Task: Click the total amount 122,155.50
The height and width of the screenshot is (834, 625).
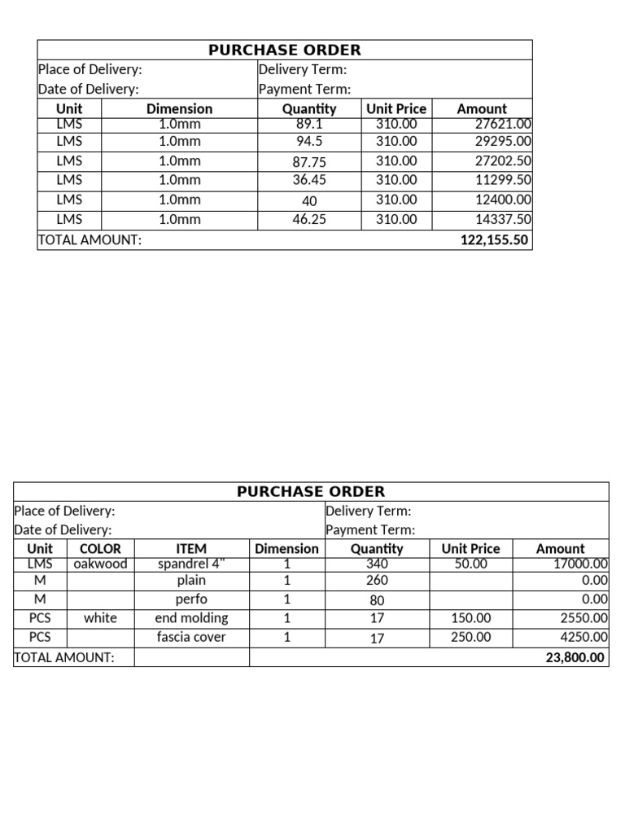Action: (x=495, y=240)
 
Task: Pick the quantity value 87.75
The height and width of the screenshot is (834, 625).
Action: (x=309, y=161)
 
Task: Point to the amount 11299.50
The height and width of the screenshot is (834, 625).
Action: (x=503, y=180)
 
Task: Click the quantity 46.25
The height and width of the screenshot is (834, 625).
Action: (x=309, y=219)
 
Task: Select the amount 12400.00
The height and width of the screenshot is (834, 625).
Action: (x=503, y=200)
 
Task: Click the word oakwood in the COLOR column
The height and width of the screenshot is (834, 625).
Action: (x=100, y=564)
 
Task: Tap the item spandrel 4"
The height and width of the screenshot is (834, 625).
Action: (x=191, y=564)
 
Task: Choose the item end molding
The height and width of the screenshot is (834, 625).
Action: (x=191, y=618)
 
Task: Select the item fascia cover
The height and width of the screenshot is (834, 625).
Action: (x=191, y=637)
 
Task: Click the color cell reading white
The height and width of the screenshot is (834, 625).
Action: (x=100, y=618)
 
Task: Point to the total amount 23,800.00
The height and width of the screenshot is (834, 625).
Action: (x=575, y=657)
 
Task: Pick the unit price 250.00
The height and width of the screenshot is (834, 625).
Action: (x=470, y=637)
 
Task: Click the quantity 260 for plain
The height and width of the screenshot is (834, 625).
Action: (x=377, y=581)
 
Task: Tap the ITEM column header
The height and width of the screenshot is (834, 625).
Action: (x=191, y=549)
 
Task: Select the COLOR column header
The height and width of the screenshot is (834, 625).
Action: (x=100, y=549)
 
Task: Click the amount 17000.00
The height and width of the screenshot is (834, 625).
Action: (x=580, y=564)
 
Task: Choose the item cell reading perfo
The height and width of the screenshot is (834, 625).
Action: (x=191, y=599)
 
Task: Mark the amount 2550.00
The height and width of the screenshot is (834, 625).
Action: (x=584, y=618)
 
